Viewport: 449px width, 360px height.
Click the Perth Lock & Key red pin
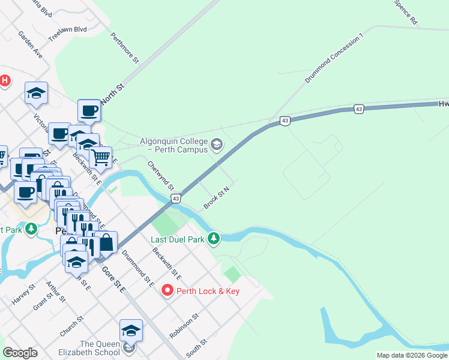pos(167,291)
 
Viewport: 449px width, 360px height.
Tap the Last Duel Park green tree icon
pos(213,239)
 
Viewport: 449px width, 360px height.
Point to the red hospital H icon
pos(5,80)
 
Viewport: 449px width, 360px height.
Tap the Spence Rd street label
pos(406,12)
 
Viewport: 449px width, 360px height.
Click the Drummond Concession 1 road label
pos(334,58)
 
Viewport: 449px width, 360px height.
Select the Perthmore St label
pos(124,48)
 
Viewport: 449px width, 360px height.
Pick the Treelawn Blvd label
pos(68,29)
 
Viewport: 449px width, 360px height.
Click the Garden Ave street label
pos(30,44)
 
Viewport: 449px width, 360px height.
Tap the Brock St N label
pos(217,197)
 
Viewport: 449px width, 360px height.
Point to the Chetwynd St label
pos(160,175)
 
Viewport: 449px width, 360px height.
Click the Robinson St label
pos(184,325)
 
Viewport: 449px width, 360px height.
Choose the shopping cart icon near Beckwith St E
pos(101,157)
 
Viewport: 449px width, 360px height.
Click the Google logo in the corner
pos(20,353)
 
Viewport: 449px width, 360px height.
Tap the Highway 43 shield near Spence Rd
pos(358,109)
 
